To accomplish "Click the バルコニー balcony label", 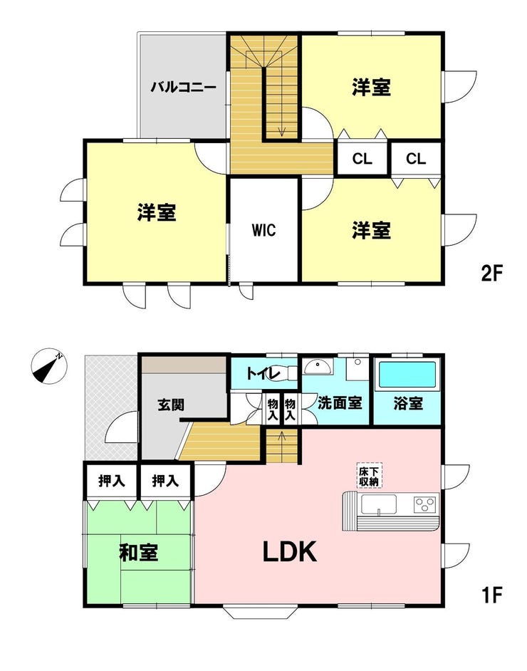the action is click(183, 88).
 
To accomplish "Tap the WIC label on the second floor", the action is click(264, 230).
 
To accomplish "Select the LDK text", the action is click(290, 551).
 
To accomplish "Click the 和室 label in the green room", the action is click(139, 552).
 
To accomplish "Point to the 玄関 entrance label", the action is click(171, 405).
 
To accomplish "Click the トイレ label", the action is click(263, 373).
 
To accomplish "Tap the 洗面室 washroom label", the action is click(340, 402).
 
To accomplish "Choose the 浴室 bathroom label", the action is click(409, 402).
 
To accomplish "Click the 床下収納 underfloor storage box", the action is click(370, 475).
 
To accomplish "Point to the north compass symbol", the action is click(50, 366).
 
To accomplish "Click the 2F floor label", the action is click(491, 273).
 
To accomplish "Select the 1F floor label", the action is click(491, 594).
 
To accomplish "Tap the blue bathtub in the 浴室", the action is click(407, 375).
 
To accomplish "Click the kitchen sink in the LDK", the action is click(379, 504).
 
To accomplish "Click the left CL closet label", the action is click(362, 159).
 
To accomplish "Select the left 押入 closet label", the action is click(112, 481).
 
